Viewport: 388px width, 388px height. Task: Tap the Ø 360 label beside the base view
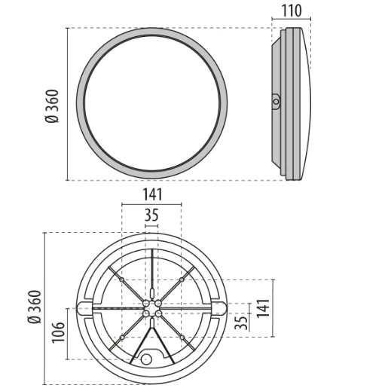point(33,307)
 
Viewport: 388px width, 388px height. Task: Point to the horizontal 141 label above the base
point(151,194)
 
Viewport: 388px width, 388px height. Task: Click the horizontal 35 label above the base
point(151,215)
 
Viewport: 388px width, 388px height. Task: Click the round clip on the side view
point(276,101)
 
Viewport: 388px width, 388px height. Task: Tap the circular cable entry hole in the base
point(146,359)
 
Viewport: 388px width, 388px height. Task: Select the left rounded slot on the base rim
point(84,307)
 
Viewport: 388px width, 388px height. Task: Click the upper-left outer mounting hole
point(121,280)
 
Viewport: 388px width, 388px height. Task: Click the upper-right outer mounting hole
point(182,280)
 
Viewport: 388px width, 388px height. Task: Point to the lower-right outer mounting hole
point(182,337)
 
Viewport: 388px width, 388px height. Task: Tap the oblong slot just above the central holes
point(151,291)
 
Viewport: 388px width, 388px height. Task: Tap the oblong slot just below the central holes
point(151,323)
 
